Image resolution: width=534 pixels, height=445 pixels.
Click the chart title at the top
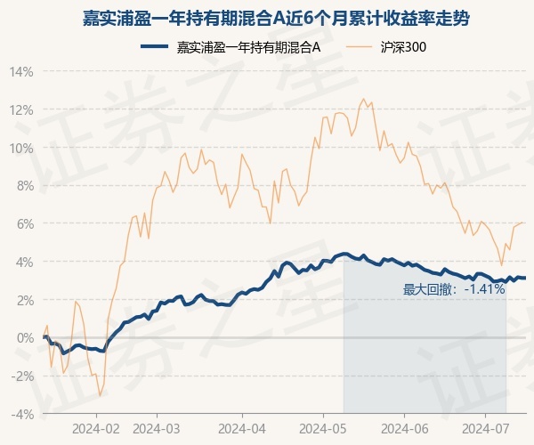(276, 19)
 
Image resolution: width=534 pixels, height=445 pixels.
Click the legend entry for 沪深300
(386, 47)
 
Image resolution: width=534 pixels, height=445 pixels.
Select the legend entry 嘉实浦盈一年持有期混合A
(231, 47)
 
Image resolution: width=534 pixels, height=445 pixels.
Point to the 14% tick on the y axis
(21, 72)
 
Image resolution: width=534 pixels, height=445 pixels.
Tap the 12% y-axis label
(21, 110)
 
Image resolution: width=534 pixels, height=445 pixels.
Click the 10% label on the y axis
(21, 149)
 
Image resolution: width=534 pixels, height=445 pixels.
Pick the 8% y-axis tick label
(25, 186)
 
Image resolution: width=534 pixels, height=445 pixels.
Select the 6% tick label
(25, 224)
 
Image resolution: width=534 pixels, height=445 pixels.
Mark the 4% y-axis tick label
(25, 263)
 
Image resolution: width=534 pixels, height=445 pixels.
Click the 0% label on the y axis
(25, 338)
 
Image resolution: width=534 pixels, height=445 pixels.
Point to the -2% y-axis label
(22, 376)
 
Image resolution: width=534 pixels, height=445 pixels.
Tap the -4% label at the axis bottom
(22, 415)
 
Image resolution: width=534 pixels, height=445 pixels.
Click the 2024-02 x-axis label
(96, 429)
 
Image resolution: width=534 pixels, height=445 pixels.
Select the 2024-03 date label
(157, 429)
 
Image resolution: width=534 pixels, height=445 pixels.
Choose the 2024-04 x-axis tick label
(242, 429)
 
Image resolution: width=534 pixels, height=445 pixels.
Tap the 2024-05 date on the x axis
(323, 429)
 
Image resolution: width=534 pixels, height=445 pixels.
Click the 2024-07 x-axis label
(486, 429)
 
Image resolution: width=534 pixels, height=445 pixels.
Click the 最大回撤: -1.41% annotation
(454, 289)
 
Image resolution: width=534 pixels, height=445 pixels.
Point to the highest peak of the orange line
(363, 99)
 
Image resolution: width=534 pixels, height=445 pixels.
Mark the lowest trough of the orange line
(100, 396)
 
